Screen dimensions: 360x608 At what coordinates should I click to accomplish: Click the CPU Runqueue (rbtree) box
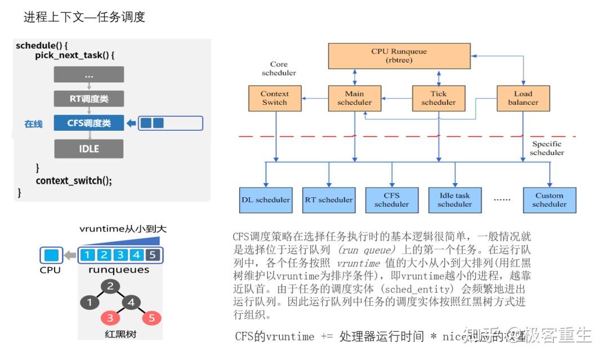pyautogui.click(x=399, y=55)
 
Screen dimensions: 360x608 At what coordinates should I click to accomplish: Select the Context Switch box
pyautogui.click(x=275, y=98)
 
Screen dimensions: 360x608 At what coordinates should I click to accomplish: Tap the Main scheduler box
pyautogui.click(x=355, y=98)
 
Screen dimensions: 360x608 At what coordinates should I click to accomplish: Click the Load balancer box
pyautogui.click(x=523, y=98)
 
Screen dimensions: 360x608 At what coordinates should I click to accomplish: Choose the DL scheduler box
pyautogui.click(x=266, y=199)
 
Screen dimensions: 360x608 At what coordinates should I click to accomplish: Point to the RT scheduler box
pyautogui.click(x=329, y=199)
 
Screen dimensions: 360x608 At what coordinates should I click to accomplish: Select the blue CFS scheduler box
pyautogui.click(x=392, y=199)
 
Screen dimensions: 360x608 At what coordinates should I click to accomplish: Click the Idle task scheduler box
pyautogui.click(x=454, y=199)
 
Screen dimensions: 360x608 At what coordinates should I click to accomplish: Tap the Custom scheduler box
pyautogui.click(x=549, y=199)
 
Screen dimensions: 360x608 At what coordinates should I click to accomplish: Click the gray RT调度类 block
pyautogui.click(x=89, y=99)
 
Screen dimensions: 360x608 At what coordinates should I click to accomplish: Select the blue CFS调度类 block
pyautogui.click(x=89, y=123)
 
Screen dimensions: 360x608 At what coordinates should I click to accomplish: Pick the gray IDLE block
pyautogui.click(x=89, y=149)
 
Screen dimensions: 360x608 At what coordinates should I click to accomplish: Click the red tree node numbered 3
pyautogui.click(x=110, y=318)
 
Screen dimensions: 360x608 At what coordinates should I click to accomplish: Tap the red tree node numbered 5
pyautogui.click(x=151, y=318)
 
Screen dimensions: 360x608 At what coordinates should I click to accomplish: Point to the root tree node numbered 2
pyautogui.click(x=110, y=286)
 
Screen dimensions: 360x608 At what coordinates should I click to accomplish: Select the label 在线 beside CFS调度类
pyautogui.click(x=33, y=123)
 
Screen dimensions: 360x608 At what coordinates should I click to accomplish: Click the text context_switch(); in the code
pyautogui.click(x=74, y=180)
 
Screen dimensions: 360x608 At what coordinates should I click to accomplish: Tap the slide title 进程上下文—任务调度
pyautogui.click(x=84, y=17)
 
